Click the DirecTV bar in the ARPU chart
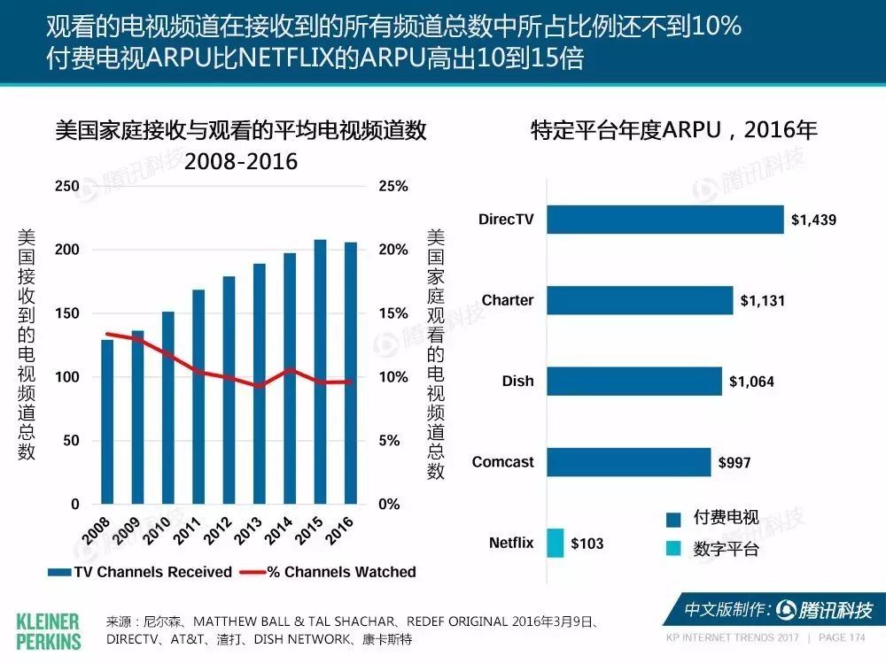click(x=665, y=220)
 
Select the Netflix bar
click(x=555, y=544)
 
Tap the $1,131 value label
click(x=762, y=301)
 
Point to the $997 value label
click(x=734, y=463)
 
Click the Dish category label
click(x=517, y=381)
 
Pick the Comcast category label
click(x=502, y=462)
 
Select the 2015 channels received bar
click(x=321, y=372)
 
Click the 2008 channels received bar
click(x=107, y=421)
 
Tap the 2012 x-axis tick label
click(x=218, y=530)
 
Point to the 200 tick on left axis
click(x=66, y=250)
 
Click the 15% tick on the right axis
click(x=393, y=313)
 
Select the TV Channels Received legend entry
click(x=140, y=572)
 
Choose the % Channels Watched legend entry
click(x=328, y=572)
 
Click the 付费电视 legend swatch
click(x=673, y=520)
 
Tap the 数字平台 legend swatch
click(x=673, y=548)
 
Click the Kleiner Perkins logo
click(x=49, y=632)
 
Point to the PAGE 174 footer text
click(x=842, y=637)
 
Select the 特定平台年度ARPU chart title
click(x=673, y=130)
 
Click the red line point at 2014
click(x=290, y=370)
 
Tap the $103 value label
click(x=587, y=544)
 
